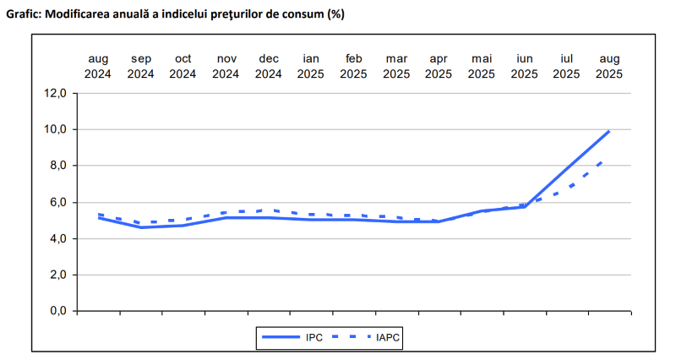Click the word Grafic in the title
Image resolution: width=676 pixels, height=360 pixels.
pos(25,14)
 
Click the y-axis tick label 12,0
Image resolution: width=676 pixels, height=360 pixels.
pos(57,93)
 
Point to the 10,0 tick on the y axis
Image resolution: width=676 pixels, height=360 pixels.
pos(57,129)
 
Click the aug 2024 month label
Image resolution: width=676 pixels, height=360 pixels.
pos(98,66)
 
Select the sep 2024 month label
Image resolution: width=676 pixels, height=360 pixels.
pos(140,66)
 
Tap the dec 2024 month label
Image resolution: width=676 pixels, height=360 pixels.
pos(268,66)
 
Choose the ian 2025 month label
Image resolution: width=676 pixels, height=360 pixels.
pos(311,66)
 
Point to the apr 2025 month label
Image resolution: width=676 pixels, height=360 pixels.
pos(439,66)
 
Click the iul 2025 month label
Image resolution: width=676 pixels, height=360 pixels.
pos(566,66)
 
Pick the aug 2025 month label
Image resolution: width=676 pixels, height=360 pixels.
pos(609,66)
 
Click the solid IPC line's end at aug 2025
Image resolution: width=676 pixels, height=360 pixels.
pos(609,131)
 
